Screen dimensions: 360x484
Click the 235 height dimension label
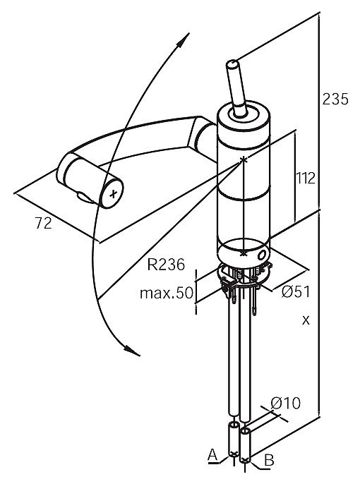click(335, 99)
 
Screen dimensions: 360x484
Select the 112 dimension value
click(306, 178)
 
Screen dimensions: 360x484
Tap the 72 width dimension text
click(43, 223)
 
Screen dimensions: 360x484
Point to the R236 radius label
click(166, 264)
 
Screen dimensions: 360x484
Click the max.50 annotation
click(167, 293)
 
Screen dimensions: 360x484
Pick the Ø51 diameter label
click(295, 291)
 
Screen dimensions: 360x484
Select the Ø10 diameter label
click(285, 403)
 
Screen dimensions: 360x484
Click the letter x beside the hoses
click(306, 320)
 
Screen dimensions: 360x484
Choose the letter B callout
click(269, 461)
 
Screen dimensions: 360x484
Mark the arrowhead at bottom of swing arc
click(132, 351)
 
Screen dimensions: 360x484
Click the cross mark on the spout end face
click(114, 194)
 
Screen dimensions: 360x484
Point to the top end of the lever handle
click(232, 64)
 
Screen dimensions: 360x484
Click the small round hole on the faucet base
click(261, 255)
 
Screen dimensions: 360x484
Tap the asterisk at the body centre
click(244, 159)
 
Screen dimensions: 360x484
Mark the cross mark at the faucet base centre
click(244, 253)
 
